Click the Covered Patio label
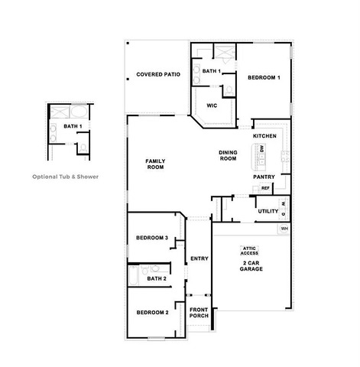[x=158, y=74]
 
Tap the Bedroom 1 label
[x=264, y=77]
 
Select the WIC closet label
[x=212, y=106]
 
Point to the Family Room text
[x=155, y=164]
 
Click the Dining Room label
[x=228, y=155]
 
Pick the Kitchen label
[x=264, y=136]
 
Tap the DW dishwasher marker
[x=262, y=149]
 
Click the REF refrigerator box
[x=265, y=188]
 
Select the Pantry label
[x=264, y=177]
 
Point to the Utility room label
[x=268, y=211]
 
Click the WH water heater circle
[x=284, y=229]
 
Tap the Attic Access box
[x=249, y=251]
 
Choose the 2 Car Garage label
[x=251, y=266]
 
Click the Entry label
[x=199, y=258]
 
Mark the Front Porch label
[x=199, y=313]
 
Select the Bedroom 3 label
[x=152, y=238]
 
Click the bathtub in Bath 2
[x=133, y=275]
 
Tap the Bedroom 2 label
[x=152, y=313]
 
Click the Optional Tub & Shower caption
[x=65, y=177]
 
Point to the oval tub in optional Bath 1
[x=79, y=112]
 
